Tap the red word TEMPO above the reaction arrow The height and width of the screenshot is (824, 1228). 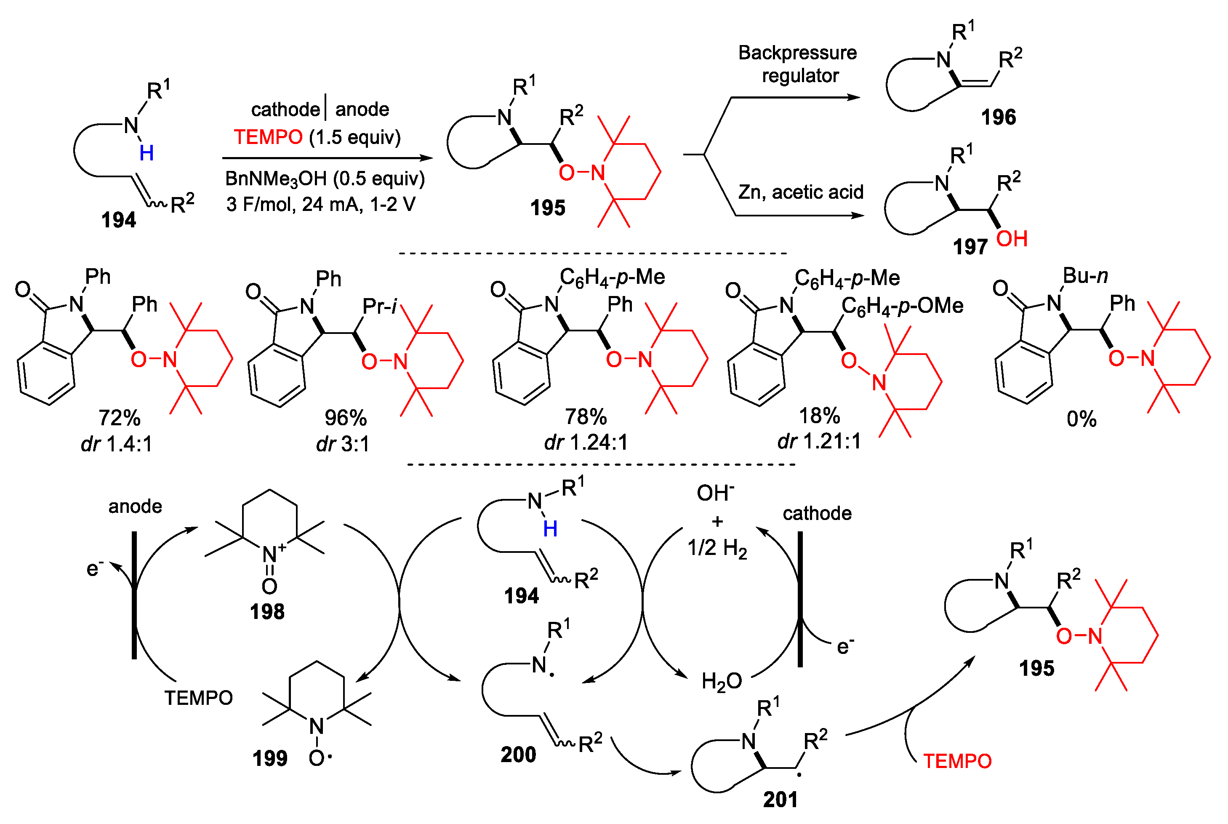(268, 137)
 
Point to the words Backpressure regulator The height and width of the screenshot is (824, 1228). (798, 64)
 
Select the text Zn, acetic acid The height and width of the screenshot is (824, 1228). (800, 192)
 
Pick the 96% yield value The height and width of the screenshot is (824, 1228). (345, 418)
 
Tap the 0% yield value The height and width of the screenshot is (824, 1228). (1081, 419)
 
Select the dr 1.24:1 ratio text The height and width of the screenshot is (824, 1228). (586, 443)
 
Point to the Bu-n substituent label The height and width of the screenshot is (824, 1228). (1085, 275)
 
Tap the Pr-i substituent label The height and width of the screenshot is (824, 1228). (379, 307)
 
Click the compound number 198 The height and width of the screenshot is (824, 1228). (267, 611)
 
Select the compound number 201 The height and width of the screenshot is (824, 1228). (780, 799)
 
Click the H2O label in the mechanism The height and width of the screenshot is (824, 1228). (722, 682)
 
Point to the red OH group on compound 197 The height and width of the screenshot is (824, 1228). (1012, 239)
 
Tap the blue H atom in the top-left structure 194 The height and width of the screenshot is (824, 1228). (147, 153)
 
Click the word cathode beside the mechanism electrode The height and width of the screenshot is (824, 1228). (817, 513)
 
